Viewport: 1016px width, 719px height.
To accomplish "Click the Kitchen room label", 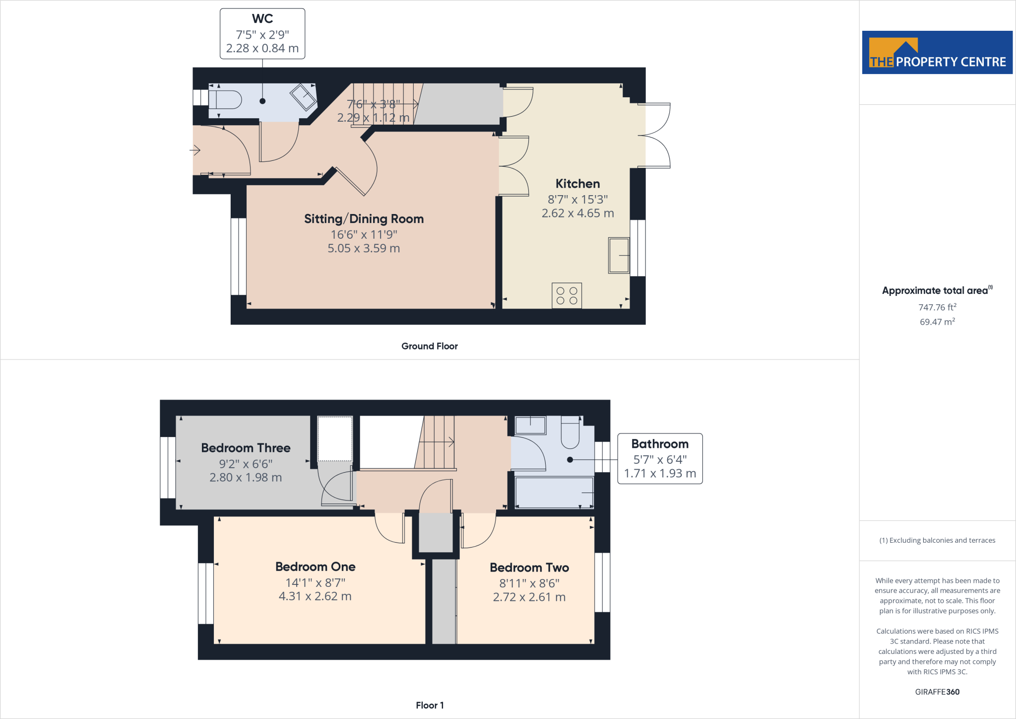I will click(x=577, y=184).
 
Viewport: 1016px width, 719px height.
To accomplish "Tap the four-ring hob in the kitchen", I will click(x=567, y=296).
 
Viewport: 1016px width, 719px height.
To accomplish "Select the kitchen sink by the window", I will click(x=619, y=255).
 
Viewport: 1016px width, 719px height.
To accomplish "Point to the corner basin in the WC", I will click(x=303, y=97).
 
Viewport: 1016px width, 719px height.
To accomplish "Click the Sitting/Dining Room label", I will click(x=364, y=219).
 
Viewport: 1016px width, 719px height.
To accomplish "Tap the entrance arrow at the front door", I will click(x=195, y=149).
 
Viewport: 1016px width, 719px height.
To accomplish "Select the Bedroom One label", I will click(x=315, y=567).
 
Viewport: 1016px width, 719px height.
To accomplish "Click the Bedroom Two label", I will click(x=529, y=568).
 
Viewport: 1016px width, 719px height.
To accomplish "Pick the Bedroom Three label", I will click(x=246, y=448).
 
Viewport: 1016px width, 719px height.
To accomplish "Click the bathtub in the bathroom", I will click(x=554, y=492).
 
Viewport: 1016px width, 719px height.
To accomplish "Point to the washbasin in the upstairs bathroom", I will click(x=530, y=425).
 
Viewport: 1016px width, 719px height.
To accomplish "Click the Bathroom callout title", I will click(x=660, y=444).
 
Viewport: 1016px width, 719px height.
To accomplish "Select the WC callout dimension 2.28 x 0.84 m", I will click(x=262, y=49).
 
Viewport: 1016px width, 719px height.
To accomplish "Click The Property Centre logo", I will click(x=937, y=53).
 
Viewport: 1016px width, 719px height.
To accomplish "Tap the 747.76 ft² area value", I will click(x=937, y=307).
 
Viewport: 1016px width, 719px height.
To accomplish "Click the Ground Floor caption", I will click(x=430, y=346).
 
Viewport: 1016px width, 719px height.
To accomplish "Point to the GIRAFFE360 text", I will click(x=937, y=692).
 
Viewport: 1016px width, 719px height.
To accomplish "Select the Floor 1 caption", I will click(x=430, y=705).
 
